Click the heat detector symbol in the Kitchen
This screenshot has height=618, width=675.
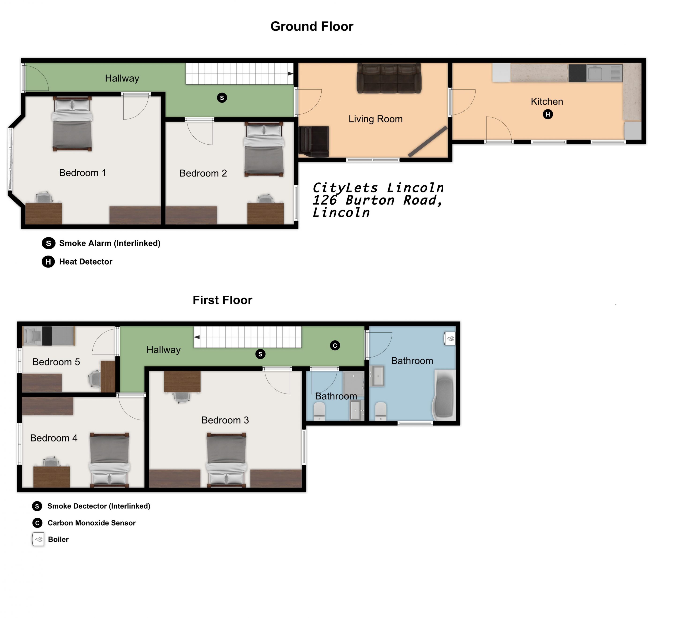click(x=548, y=115)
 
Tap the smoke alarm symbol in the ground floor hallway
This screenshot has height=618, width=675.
click(x=222, y=98)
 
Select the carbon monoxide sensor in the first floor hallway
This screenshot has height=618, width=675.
click(x=335, y=345)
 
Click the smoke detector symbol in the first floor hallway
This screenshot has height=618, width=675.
click(x=260, y=354)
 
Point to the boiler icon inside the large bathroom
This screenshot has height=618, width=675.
click(x=450, y=338)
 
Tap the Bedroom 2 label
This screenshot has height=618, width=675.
click(x=203, y=173)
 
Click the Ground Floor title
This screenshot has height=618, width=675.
click(x=312, y=26)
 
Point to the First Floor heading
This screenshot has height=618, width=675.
click(x=222, y=300)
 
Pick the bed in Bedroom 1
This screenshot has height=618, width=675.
click(x=72, y=124)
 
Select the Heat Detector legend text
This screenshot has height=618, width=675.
click(x=86, y=262)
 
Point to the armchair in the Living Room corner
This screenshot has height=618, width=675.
click(x=314, y=142)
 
